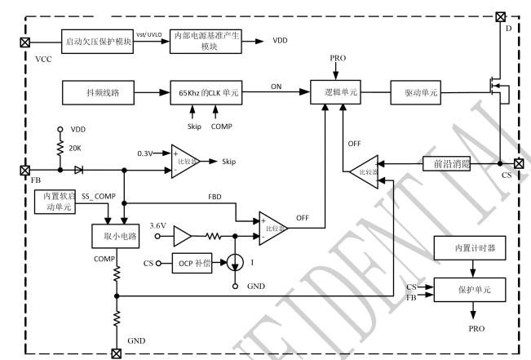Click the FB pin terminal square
click(24, 170)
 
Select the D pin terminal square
click(500, 16)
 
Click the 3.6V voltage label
click(160, 224)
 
